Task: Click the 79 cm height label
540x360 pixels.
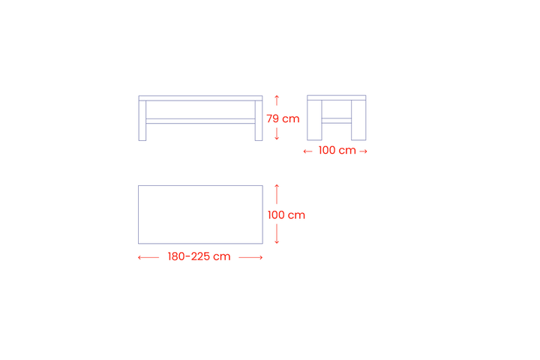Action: (x=283, y=118)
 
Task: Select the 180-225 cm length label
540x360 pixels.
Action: (x=199, y=256)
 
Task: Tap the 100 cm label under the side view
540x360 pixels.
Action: (x=337, y=150)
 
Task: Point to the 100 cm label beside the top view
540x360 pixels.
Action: (x=286, y=215)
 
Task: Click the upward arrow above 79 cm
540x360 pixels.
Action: (x=277, y=100)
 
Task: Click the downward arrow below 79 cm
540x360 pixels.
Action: (x=277, y=134)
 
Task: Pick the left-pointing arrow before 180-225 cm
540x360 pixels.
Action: (x=148, y=257)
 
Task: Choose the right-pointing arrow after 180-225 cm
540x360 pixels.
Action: (x=250, y=257)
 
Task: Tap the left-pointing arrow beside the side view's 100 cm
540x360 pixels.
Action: (x=307, y=151)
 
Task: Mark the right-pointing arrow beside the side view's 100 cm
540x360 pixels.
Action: (x=363, y=151)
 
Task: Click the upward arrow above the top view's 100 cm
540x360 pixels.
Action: (x=277, y=194)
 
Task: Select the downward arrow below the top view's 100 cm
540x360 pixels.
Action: (x=277, y=234)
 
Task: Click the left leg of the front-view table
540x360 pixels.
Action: (x=142, y=121)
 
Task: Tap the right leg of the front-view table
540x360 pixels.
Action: (x=259, y=121)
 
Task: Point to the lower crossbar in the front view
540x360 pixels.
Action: (x=200, y=121)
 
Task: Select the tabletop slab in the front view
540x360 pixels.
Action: (x=200, y=98)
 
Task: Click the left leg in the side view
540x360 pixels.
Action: (x=314, y=120)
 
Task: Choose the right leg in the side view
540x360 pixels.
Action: (x=358, y=120)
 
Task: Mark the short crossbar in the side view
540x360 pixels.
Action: (x=337, y=121)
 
